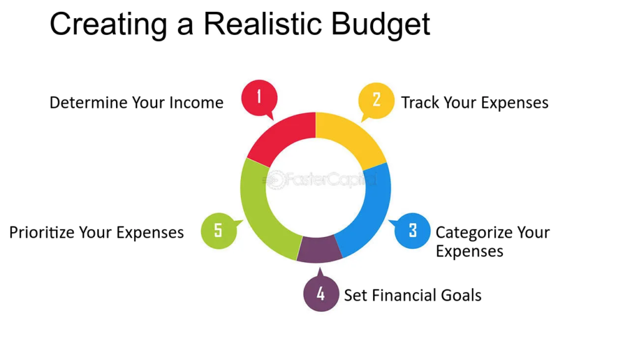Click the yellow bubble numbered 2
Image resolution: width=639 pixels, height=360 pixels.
(376, 99)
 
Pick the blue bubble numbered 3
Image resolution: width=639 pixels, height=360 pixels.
(412, 230)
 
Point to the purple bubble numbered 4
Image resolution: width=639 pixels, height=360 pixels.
(320, 293)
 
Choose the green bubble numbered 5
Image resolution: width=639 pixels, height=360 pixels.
(218, 230)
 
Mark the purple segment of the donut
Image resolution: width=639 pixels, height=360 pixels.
(319, 249)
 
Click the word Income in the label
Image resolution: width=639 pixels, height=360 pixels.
(196, 103)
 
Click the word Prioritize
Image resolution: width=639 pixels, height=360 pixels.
(42, 233)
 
